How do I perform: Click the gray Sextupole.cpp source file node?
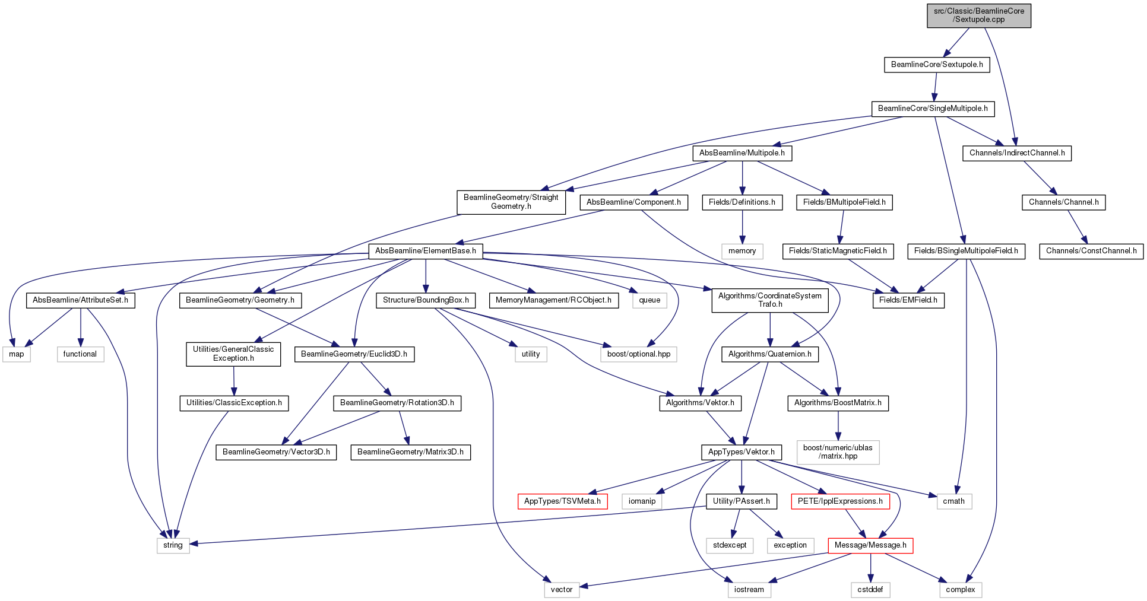(979, 15)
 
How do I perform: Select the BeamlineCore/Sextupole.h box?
(937, 65)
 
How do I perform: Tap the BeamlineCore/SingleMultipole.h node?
(933, 109)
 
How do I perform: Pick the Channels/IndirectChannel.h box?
(1017, 153)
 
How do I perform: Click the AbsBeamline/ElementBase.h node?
(426, 251)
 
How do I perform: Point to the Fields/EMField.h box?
(908, 300)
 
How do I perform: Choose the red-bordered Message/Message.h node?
(870, 545)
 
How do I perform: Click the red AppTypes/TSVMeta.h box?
(562, 501)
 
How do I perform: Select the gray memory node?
(742, 251)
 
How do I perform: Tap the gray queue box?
(649, 300)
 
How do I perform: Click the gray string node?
(173, 545)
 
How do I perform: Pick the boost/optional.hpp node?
(639, 354)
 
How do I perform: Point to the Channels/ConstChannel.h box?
(1091, 251)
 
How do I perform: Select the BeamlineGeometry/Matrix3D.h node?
(411, 452)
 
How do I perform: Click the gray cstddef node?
(870, 590)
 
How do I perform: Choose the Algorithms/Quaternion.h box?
(770, 354)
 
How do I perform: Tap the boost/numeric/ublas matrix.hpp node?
(838, 452)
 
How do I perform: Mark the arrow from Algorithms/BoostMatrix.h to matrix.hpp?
(838, 425)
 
